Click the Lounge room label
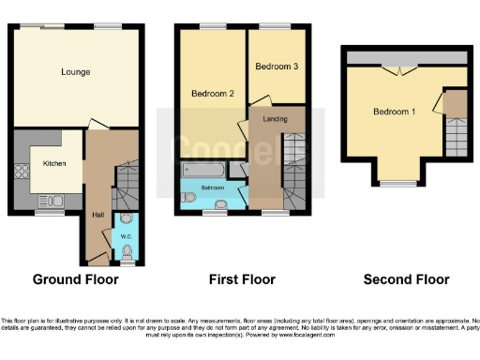click(x=75, y=71)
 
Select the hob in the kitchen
click(x=21, y=172)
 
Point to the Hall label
click(x=97, y=215)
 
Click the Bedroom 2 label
click(x=212, y=94)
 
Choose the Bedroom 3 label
click(x=276, y=67)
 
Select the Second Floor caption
click(x=407, y=279)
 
